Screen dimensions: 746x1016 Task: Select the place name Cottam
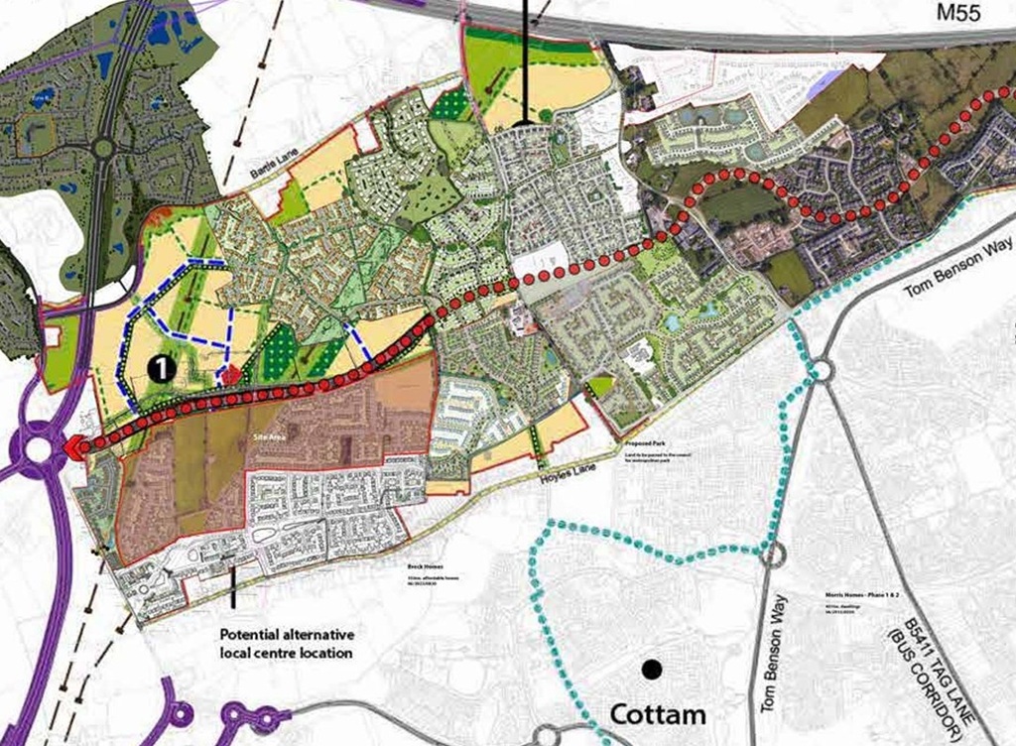coord(658,714)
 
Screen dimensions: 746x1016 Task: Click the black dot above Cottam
coord(652,670)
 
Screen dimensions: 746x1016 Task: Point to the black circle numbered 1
coord(162,368)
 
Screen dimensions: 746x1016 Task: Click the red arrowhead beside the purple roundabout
coord(74,448)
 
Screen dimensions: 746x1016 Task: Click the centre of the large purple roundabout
coord(40,449)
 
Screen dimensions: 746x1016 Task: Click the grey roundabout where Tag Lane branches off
coord(820,371)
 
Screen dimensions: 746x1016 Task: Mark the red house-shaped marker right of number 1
coord(230,374)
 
